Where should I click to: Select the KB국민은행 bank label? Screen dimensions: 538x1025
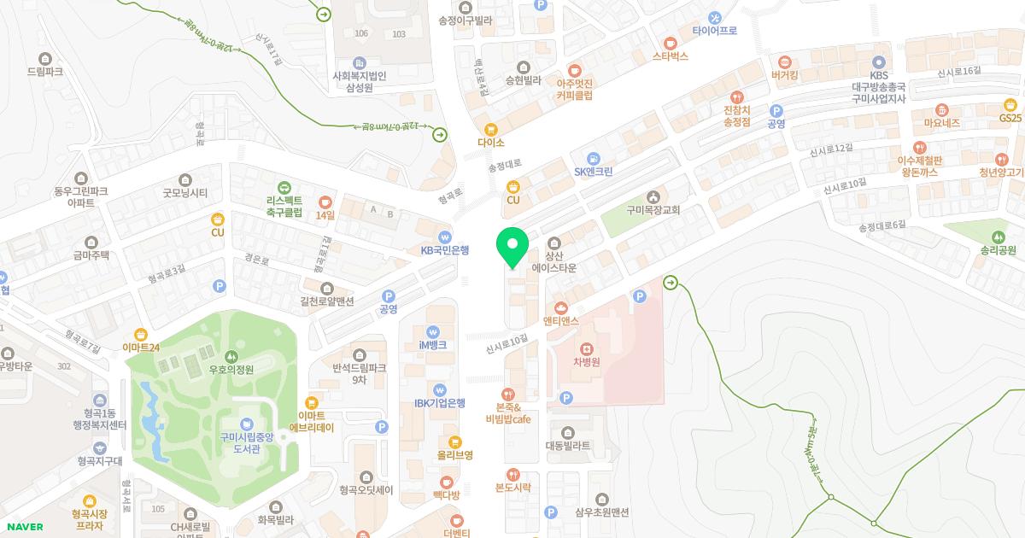coord(445,250)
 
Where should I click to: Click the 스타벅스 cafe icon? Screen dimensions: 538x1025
coord(671,42)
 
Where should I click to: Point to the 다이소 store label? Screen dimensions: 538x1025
coord(491,143)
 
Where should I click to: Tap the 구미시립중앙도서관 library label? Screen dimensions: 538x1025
coord(247,442)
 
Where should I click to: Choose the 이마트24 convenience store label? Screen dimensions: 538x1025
coord(141,348)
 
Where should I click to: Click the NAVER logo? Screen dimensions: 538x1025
coord(24,527)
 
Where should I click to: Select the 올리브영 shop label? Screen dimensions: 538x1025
coord(454,455)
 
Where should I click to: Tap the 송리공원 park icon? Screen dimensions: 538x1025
coord(999,237)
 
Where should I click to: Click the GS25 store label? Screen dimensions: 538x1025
coord(1010,118)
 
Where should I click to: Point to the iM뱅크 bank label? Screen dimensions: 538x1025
coord(433,345)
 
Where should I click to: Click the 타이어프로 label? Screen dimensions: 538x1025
coord(715,30)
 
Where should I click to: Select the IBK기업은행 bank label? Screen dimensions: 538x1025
coord(440,403)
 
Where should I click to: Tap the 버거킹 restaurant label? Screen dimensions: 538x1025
coord(784,75)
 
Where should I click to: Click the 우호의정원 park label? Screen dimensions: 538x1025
coord(231,370)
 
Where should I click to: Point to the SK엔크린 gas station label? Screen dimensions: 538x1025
coord(594,172)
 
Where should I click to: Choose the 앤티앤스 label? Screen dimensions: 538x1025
coord(561,321)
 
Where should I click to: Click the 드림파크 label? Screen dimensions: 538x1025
coord(45,72)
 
